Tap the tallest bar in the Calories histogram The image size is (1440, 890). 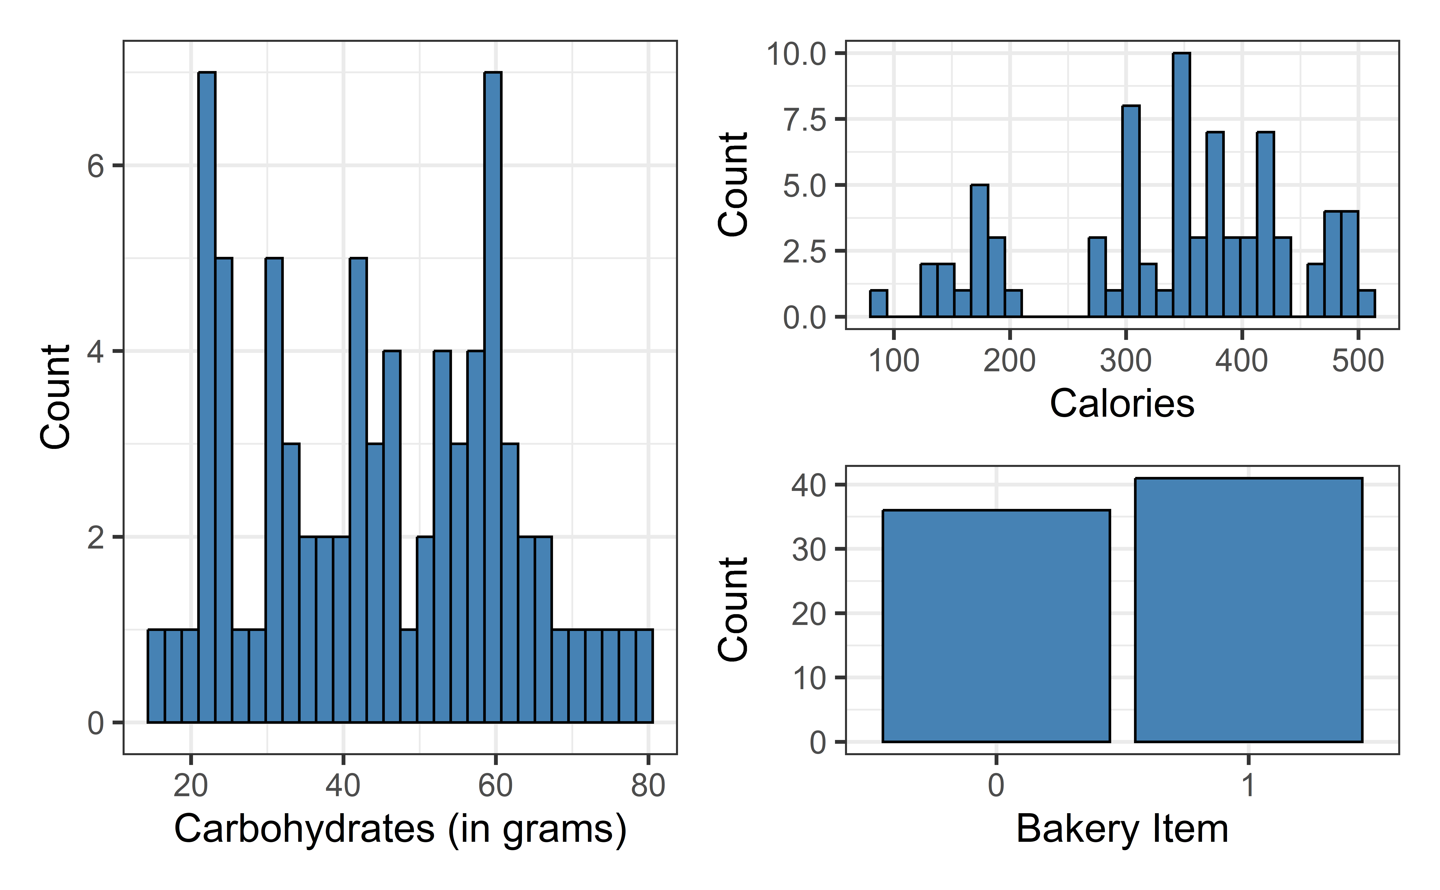tap(1181, 185)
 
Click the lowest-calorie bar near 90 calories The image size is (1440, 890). tap(879, 304)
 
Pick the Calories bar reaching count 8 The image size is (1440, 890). tap(1130, 212)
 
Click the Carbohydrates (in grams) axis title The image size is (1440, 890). tap(400, 829)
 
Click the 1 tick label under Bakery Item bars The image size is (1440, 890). tap(1248, 786)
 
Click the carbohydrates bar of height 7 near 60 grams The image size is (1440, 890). tap(493, 397)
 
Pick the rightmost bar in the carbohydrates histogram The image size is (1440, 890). tap(644, 676)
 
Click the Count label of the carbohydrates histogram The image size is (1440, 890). tap(56, 397)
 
